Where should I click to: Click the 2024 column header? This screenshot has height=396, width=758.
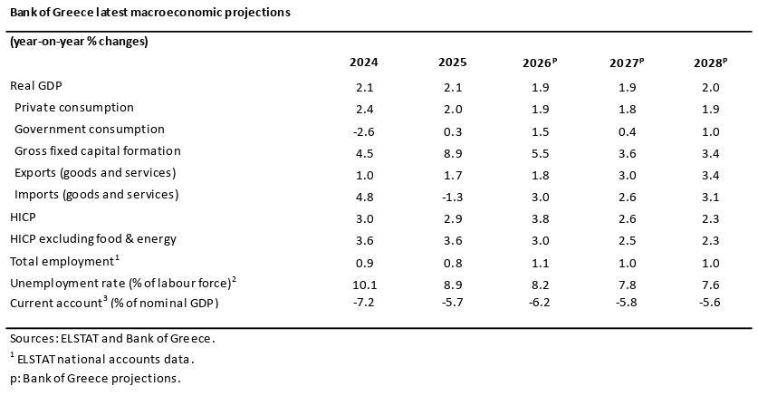point(363,63)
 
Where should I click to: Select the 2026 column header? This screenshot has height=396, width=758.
point(540,63)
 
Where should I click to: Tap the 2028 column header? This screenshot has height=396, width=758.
point(710,63)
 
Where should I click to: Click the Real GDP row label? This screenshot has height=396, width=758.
point(36,85)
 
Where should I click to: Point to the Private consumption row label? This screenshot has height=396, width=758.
point(74,107)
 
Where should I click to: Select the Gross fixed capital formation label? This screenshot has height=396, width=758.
point(98,150)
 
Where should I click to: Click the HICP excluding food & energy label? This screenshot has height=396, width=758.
point(92,239)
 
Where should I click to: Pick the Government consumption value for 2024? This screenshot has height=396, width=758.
point(363,132)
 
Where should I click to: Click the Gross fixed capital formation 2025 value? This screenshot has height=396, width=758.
point(453,154)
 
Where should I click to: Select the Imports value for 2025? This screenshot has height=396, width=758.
point(453,198)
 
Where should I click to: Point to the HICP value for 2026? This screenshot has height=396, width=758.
point(540,219)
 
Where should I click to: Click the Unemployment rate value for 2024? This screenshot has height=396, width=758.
point(364,285)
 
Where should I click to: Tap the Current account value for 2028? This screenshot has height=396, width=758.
point(710,302)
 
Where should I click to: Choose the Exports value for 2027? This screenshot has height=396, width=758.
point(627,176)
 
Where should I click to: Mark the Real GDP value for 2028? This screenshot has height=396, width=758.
point(710,88)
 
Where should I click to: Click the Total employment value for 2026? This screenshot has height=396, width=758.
point(540,263)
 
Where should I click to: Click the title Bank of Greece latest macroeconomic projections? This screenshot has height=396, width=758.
point(149,12)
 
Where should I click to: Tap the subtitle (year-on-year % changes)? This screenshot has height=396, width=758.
point(79,41)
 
